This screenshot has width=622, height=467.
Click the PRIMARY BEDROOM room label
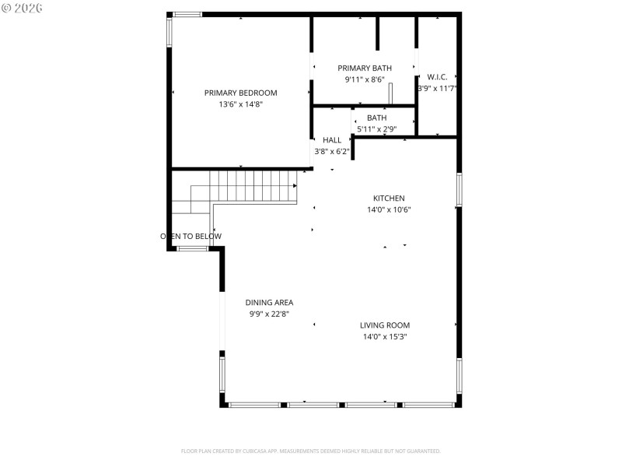tap(240, 93)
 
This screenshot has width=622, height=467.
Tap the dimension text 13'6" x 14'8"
tap(240, 104)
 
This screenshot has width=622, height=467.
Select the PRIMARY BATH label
tap(365, 68)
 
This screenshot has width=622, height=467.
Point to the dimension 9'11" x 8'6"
tap(365, 79)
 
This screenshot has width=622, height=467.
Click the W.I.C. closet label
tap(437, 77)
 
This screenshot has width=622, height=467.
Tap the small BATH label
tap(377, 118)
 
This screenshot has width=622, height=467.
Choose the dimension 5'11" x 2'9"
tap(377, 129)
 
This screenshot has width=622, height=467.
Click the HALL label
tap(332, 140)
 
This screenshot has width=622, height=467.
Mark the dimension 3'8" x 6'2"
tap(332, 151)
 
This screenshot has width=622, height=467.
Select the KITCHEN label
tap(389, 198)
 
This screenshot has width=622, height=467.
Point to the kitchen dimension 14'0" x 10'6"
tap(389, 209)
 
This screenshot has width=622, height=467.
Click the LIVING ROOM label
tap(385, 325)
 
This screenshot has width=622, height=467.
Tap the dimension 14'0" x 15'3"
tap(385, 337)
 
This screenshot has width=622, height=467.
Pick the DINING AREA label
tap(269, 303)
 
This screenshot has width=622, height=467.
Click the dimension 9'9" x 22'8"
tap(269, 314)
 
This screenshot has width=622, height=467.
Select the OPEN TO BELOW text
tap(191, 237)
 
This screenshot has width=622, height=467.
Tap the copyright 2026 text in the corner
tap(23, 8)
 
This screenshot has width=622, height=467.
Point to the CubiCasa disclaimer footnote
tap(311, 451)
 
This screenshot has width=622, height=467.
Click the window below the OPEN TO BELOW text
tap(192, 248)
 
